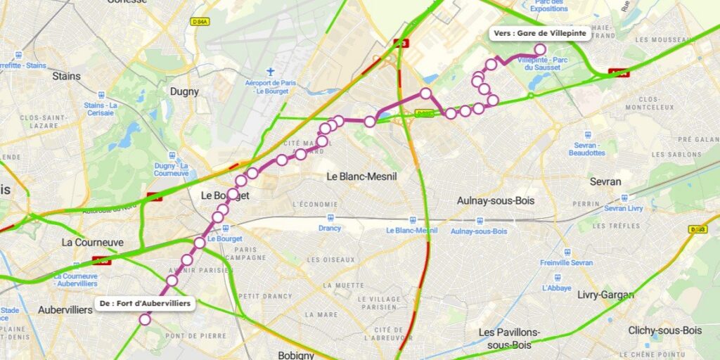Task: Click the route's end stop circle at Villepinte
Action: [540, 49]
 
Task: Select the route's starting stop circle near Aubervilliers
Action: [145, 319]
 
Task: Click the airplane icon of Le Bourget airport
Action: [271, 72]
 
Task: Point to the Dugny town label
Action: [184, 91]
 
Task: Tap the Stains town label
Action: [66, 76]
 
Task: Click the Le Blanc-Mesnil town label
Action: [361, 176]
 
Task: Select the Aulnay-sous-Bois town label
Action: [495, 200]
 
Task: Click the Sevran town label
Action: [605, 181]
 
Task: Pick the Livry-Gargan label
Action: [601, 295]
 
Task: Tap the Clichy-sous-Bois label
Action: [664, 330]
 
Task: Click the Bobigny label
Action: [296, 355]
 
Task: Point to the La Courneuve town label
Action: [92, 243]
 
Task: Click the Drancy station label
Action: [330, 228]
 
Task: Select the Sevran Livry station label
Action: [624, 209]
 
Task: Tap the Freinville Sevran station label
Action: [567, 263]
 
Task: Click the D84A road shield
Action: [200, 22]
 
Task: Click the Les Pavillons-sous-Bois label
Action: [509, 337]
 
